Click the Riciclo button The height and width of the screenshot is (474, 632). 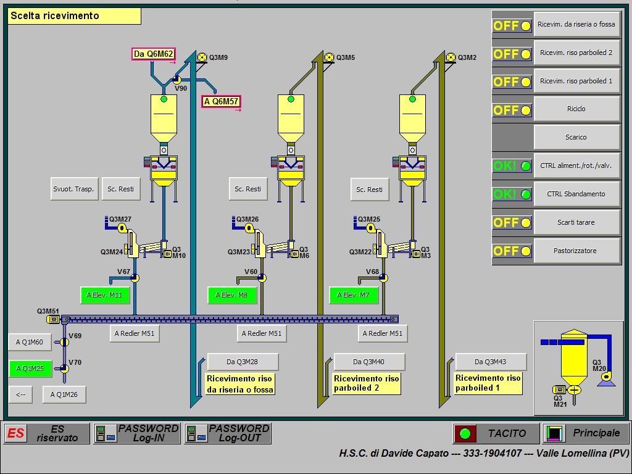(x=576, y=109)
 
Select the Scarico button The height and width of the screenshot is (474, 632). (x=576, y=138)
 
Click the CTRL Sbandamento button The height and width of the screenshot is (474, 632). (x=576, y=194)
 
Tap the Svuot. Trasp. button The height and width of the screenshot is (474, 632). (x=73, y=189)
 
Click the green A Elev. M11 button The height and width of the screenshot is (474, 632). (x=104, y=295)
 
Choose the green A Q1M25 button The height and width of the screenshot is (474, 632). (x=30, y=368)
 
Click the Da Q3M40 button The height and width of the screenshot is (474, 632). (x=369, y=362)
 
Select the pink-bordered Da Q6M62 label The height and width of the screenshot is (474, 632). (x=154, y=54)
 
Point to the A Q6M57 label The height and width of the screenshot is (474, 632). (x=221, y=101)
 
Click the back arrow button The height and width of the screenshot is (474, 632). (x=21, y=394)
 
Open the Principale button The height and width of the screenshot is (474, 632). (x=586, y=433)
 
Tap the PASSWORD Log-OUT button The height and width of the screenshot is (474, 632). (x=228, y=433)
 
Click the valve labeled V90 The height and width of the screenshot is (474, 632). (x=177, y=80)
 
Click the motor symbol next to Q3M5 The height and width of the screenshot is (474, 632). (x=329, y=57)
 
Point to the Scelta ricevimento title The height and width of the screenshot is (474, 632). (x=75, y=16)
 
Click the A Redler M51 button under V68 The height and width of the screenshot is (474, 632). (x=383, y=333)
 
